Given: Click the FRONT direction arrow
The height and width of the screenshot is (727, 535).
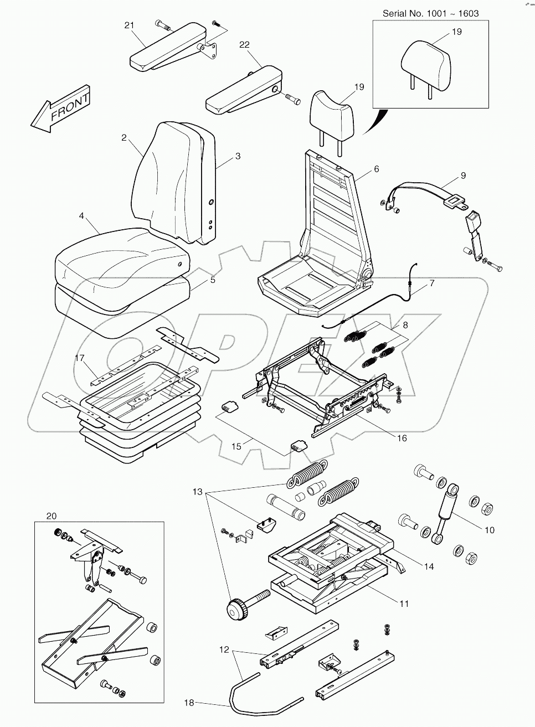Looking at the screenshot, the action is (61, 109).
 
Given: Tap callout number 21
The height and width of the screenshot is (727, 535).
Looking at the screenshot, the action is (129, 25).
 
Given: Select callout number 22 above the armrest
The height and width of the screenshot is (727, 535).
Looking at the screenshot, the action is (244, 44).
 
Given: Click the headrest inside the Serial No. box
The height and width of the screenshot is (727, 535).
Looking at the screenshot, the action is (425, 69).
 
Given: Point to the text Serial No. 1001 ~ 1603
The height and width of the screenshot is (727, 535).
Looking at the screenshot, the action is (431, 13).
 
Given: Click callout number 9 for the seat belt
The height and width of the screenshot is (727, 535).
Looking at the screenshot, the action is (463, 176).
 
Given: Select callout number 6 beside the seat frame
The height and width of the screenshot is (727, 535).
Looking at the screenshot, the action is (376, 169).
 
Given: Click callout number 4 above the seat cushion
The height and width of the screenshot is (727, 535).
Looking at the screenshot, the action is (81, 216).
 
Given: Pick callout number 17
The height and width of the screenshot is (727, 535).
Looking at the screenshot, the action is (80, 358).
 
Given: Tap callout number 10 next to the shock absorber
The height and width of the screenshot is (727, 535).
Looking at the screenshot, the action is (490, 530).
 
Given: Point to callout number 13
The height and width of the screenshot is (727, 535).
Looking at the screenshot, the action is (198, 492).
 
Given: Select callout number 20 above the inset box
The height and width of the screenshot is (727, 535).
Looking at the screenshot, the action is (52, 516).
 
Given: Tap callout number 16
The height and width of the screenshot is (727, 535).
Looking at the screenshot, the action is (402, 438).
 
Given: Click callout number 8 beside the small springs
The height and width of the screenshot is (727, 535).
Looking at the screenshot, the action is (405, 325).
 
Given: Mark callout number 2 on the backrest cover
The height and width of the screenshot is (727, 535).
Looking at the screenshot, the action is (124, 138).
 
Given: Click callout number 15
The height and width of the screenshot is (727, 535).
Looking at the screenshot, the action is (236, 446).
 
